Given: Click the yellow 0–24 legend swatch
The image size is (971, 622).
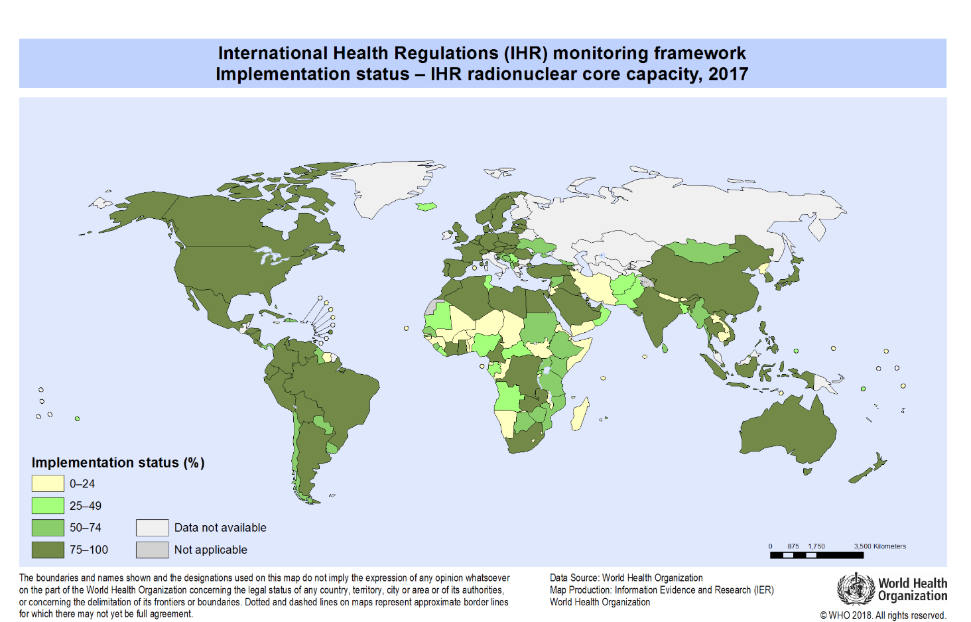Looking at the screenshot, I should coord(48,483).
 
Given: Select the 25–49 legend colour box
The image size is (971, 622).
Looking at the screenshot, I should coord(48,505).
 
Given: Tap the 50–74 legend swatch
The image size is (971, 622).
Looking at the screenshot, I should coord(48,527).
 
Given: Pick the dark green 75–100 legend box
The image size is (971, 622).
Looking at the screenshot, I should coord(48,549).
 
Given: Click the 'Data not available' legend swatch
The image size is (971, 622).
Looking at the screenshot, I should coord(152,527).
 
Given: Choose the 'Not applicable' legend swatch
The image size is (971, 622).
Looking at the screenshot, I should coord(152,549).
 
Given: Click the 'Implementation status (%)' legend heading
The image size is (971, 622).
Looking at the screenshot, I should coord(118,462).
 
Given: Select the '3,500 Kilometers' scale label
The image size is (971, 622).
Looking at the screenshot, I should coord(879,546).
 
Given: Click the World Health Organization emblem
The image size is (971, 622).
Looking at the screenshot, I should coord(856,589).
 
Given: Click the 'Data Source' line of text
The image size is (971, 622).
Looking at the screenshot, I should coord(626,578).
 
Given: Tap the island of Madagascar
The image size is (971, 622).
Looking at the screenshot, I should coord(579,414).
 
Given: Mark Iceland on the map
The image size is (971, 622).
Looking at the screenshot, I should coord(426,206).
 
